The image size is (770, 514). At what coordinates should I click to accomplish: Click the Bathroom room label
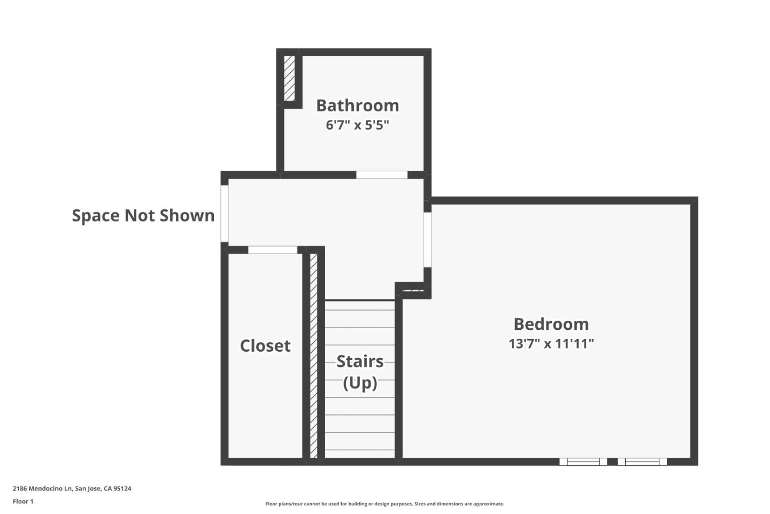tap(357, 105)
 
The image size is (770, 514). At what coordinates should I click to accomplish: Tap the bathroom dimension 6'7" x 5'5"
tap(357, 125)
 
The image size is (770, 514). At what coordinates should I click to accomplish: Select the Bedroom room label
tap(551, 324)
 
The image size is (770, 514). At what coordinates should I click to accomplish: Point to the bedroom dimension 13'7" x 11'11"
tap(551, 344)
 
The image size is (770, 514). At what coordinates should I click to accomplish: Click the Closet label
tap(265, 346)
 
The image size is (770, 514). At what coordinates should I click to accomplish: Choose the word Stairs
tap(360, 362)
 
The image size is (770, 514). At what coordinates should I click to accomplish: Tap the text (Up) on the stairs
tap(360, 383)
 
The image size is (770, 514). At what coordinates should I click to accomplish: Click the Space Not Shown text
tap(143, 215)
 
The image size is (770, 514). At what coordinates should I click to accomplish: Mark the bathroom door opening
tap(382, 175)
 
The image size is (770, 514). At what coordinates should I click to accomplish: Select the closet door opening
tap(273, 250)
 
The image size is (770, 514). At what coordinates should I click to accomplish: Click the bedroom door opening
tap(427, 239)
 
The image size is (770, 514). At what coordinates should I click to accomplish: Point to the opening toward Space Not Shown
tap(225, 213)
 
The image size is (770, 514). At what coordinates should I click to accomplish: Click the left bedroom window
tap(583, 462)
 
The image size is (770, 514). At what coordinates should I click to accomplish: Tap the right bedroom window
tap(642, 462)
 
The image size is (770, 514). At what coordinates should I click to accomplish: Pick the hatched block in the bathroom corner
tap(289, 78)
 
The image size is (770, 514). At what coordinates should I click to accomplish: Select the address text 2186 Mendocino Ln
tap(42, 488)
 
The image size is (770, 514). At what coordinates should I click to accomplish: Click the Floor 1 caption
tap(23, 502)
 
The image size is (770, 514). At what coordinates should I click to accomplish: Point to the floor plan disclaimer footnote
tap(384, 504)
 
